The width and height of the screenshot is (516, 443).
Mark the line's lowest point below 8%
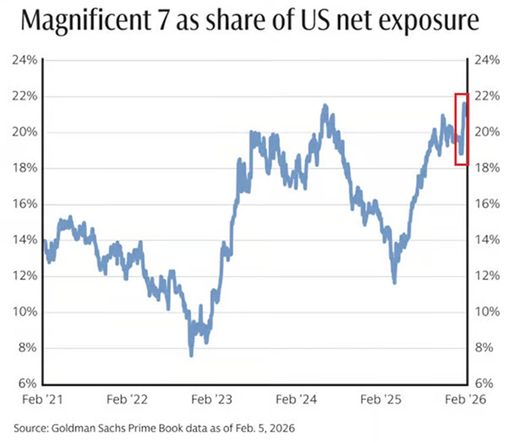pos(191,354)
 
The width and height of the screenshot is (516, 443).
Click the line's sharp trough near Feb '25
pos(394,282)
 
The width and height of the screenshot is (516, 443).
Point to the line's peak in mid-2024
pos(324,107)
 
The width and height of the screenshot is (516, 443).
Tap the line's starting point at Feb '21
pos(44,242)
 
